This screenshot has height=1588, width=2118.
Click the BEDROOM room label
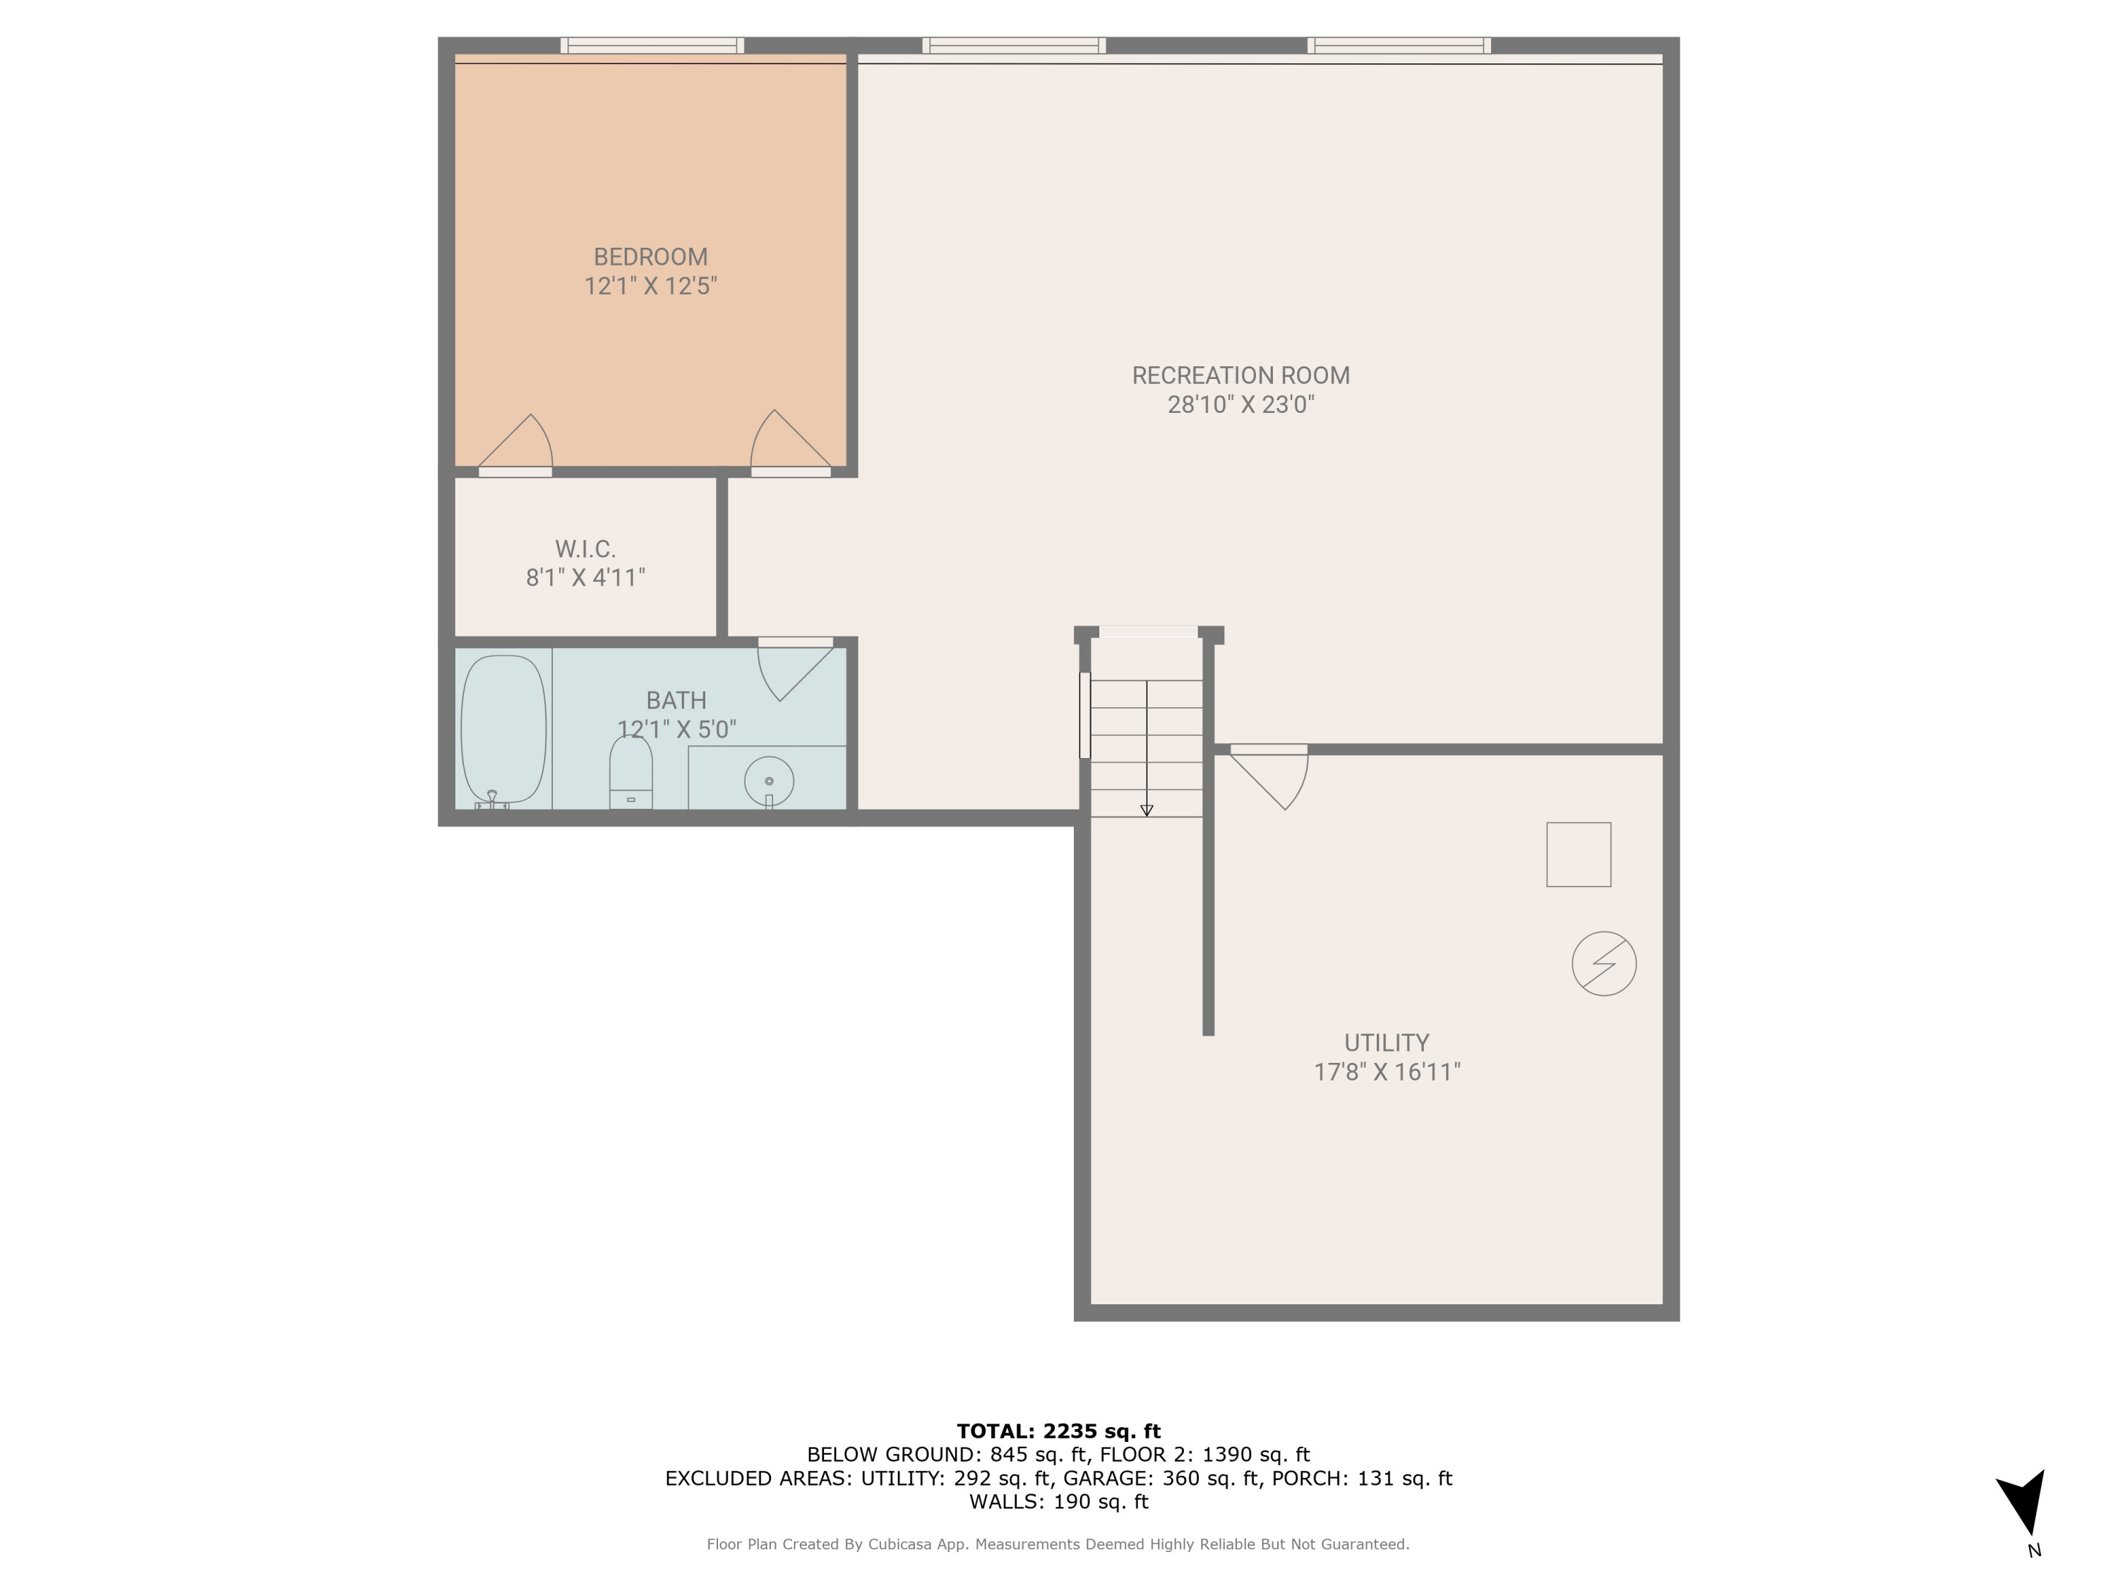[650, 256]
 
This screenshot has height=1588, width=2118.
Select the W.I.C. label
[585, 548]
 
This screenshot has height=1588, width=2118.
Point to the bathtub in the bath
[503, 729]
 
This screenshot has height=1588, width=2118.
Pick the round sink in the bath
[769, 780]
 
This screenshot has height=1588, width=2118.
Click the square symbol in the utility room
[1578, 854]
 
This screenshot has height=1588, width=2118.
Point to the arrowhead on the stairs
[1146, 811]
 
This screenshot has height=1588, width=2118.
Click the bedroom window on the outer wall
[652, 45]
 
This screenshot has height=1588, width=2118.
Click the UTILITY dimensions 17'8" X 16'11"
[1387, 1071]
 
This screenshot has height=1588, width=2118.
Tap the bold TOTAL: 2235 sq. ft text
[1058, 1431]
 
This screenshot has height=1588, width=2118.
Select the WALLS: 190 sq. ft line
[1058, 1502]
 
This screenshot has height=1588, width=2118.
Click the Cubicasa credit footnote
[1058, 1544]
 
